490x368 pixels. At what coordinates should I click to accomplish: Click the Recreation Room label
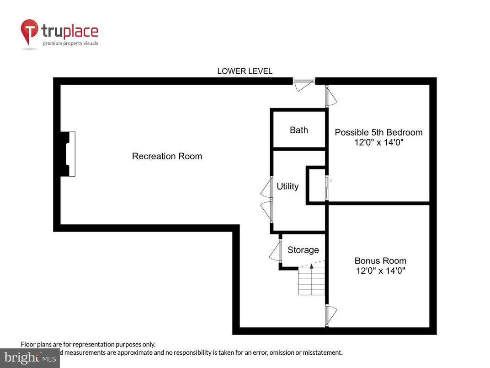[x=167, y=156]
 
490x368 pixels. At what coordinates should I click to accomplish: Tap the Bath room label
[x=299, y=130]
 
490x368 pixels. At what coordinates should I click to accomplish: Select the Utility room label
[x=288, y=186]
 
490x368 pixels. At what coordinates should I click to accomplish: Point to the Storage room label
[x=303, y=250]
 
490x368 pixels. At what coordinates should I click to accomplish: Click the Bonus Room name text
[x=380, y=261]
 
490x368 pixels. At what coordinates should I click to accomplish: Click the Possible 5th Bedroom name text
[x=378, y=132]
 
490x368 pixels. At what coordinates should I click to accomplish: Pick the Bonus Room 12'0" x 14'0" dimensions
[x=380, y=271]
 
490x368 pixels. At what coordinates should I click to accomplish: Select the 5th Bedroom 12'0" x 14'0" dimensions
[x=378, y=142]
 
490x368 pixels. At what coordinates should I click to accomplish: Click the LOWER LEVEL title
[x=245, y=71]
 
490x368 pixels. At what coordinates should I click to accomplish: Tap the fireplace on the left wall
[x=68, y=154]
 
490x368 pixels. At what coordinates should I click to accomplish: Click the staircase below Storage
[x=311, y=281]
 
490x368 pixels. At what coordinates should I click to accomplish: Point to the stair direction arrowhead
[x=311, y=265]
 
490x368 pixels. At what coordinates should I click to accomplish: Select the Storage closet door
[x=276, y=250]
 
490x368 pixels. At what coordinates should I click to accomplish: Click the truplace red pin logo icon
[x=30, y=32]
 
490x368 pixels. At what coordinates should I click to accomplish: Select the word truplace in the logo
[x=69, y=32]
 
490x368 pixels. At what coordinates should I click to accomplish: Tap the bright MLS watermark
[x=29, y=357]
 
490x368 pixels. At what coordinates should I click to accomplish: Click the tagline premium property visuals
[x=70, y=43]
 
